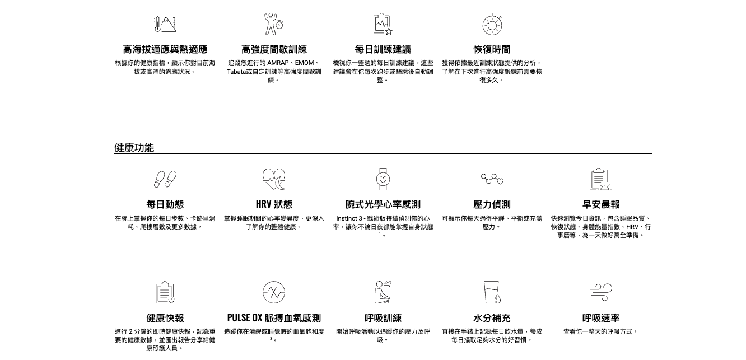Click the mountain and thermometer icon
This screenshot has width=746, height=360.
click(x=165, y=24)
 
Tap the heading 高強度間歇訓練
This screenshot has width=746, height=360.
click(x=274, y=50)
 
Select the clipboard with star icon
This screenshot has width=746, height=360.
click(x=383, y=24)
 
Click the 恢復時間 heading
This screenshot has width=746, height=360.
click(x=492, y=50)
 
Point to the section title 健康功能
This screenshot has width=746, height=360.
click(x=134, y=148)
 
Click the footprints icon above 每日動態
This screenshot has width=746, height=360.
click(x=165, y=179)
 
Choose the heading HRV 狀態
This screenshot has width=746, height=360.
click(x=274, y=205)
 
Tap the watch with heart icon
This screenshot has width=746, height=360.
click(x=383, y=179)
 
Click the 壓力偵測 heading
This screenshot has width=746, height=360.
click(x=492, y=205)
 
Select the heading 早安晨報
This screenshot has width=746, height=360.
click(x=601, y=205)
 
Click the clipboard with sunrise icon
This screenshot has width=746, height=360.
click(x=600, y=179)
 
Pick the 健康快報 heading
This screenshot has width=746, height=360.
click(x=165, y=319)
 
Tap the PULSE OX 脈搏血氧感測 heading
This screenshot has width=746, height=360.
click(x=274, y=319)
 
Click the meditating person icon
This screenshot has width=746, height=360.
click(x=383, y=292)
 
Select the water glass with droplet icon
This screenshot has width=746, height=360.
click(x=492, y=292)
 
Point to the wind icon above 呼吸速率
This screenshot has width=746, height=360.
click(x=601, y=292)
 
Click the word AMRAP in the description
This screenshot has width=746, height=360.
click(x=280, y=63)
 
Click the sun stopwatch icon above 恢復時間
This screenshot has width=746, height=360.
click(x=492, y=24)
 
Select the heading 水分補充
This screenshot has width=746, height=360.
click(x=492, y=319)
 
